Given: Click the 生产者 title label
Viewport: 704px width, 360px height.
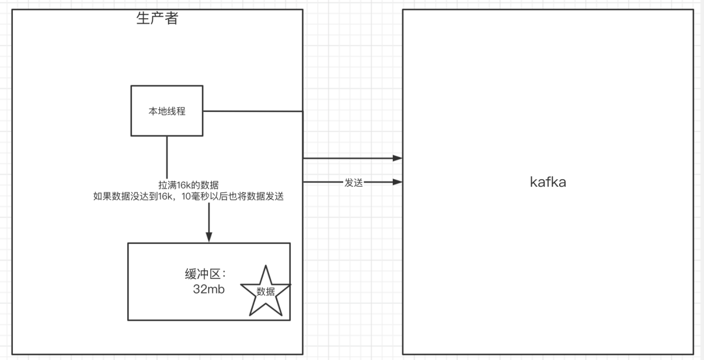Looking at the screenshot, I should [x=157, y=19].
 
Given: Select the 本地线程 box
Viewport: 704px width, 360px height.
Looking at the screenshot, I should [x=166, y=111].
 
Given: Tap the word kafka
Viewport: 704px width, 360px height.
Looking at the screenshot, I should [x=548, y=182].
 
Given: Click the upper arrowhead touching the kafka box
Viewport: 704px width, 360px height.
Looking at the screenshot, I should [x=398, y=158].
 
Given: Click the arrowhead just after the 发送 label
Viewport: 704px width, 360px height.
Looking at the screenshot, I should [x=398, y=182].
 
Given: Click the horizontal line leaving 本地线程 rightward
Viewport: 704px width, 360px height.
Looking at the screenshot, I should [x=251, y=111].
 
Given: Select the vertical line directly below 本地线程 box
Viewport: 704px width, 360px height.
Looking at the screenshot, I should [x=167, y=155].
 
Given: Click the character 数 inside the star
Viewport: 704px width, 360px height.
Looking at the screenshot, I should [x=261, y=292].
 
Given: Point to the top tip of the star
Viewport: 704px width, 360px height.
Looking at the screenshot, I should [x=266, y=267].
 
